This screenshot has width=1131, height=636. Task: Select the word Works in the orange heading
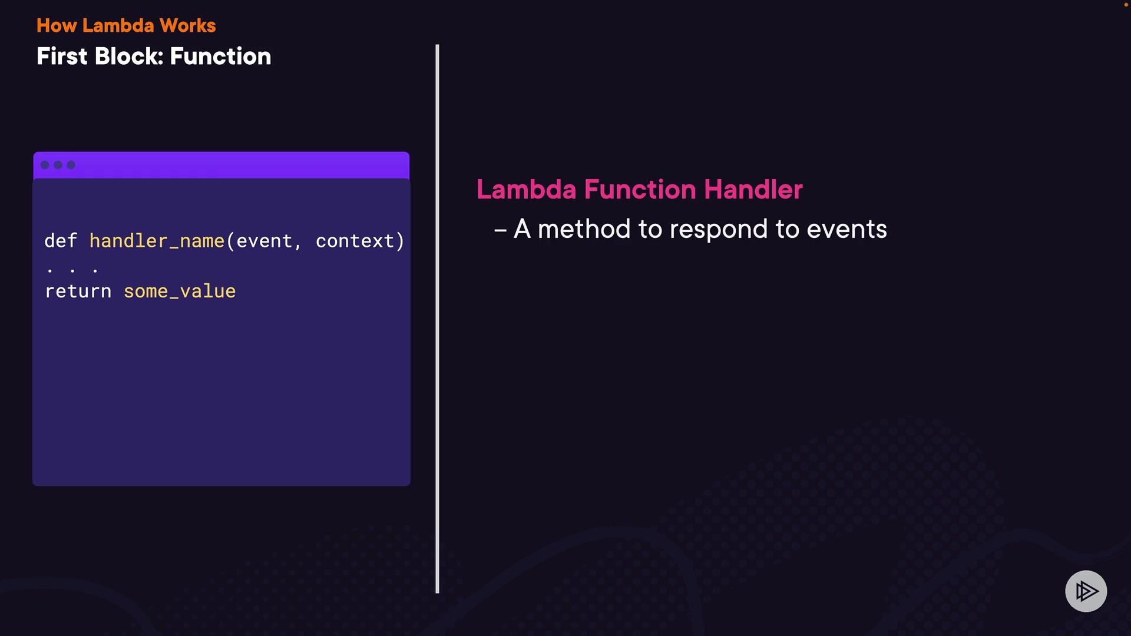pos(188,25)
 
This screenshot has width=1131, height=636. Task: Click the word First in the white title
pos(62,57)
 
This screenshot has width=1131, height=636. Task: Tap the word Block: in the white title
pos(129,57)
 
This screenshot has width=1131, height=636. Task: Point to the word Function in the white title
pos(220,57)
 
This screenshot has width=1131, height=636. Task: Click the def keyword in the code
pos(61,240)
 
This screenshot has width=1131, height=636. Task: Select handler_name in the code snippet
pos(157,241)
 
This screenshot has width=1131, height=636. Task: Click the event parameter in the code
pos(264,241)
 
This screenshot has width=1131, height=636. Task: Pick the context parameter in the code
pos(355,241)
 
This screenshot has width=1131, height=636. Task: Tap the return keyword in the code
pos(78,291)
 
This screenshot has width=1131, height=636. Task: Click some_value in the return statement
pos(180,291)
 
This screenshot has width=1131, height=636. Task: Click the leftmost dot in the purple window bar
pos(45,165)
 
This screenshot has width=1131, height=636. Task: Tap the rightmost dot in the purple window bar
pos(71,165)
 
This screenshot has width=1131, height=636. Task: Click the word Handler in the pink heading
pos(753,190)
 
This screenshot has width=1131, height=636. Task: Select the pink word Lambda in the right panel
pos(527,190)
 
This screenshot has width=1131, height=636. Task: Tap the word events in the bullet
pos(846,229)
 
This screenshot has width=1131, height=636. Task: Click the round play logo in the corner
pos(1086,591)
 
